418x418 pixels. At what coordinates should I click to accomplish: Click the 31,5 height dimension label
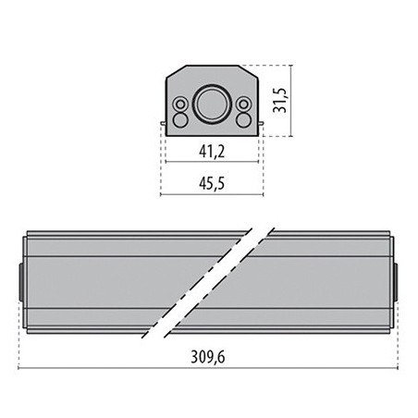pos(281,101)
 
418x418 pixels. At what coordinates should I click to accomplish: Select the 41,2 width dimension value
pos(212,152)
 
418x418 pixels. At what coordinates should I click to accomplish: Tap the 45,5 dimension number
pos(212,183)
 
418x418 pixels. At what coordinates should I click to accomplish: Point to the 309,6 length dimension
pos(208,357)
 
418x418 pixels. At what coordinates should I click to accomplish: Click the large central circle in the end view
pos(212,104)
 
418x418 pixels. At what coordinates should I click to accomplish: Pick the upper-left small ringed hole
pos(180,104)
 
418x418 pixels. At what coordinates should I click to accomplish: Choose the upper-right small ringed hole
pos(243,104)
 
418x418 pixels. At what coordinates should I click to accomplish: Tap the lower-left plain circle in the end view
pos(179,120)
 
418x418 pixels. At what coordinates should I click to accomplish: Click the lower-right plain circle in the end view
pos(243,120)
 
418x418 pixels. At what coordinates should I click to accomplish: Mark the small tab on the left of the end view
pos(163,123)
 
